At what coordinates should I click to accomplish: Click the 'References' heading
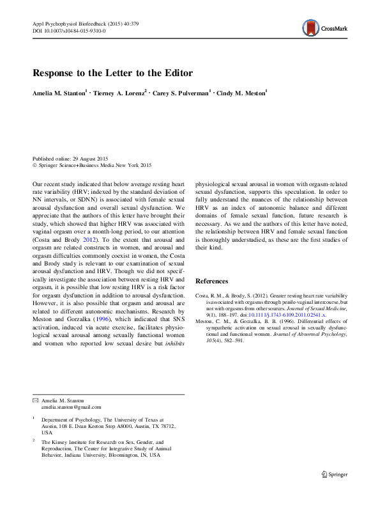click(x=211, y=281)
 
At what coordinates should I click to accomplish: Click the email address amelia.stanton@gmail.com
click(x=70, y=407)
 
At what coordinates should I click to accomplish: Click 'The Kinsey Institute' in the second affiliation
click(x=65, y=441)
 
